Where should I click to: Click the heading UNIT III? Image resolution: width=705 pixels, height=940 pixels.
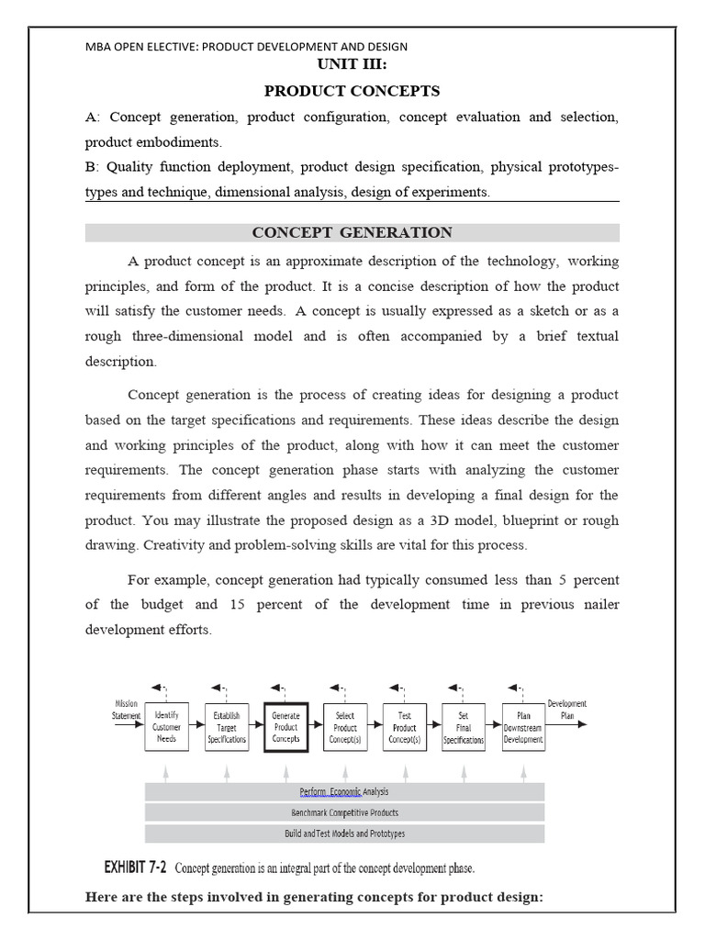pyautogui.click(x=352, y=65)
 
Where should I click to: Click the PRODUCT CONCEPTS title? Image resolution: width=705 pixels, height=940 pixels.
pyautogui.click(x=352, y=91)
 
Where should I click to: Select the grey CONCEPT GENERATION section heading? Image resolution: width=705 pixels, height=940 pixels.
pyautogui.click(x=352, y=232)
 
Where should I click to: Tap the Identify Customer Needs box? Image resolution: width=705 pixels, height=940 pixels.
pyautogui.click(x=166, y=727)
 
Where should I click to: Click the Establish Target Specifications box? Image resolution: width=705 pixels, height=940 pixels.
pyautogui.click(x=226, y=727)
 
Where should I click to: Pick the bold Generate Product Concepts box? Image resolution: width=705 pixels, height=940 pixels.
pyautogui.click(x=285, y=727)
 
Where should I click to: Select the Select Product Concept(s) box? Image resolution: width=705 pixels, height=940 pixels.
pyautogui.click(x=345, y=727)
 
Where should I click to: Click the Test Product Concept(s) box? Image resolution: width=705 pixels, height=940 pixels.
pyautogui.click(x=405, y=727)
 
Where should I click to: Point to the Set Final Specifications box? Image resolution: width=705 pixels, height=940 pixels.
pyautogui.click(x=464, y=727)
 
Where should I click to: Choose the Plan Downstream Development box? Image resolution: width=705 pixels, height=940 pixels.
pyautogui.click(x=523, y=727)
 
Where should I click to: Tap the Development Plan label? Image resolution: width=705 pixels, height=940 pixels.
pyautogui.click(x=566, y=710)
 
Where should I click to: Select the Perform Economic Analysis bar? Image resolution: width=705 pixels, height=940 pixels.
pyautogui.click(x=344, y=791)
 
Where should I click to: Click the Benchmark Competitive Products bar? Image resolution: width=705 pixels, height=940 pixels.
pyautogui.click(x=344, y=812)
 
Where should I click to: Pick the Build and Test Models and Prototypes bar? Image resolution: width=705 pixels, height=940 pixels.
pyautogui.click(x=344, y=834)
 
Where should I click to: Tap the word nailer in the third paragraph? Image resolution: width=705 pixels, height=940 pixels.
pyautogui.click(x=599, y=604)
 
